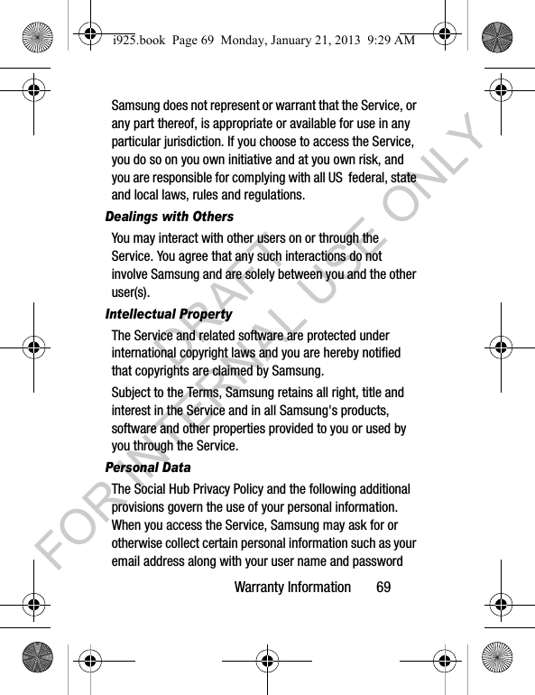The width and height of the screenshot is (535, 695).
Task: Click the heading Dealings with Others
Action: [x=169, y=217]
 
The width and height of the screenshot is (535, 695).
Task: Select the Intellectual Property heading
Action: [x=169, y=314]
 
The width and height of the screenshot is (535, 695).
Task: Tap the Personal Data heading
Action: [x=148, y=468]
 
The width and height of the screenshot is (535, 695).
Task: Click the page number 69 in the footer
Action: [x=384, y=587]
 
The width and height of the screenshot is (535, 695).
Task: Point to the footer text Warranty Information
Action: [x=292, y=587]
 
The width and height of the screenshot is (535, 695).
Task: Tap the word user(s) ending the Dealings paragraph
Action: [x=131, y=292]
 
